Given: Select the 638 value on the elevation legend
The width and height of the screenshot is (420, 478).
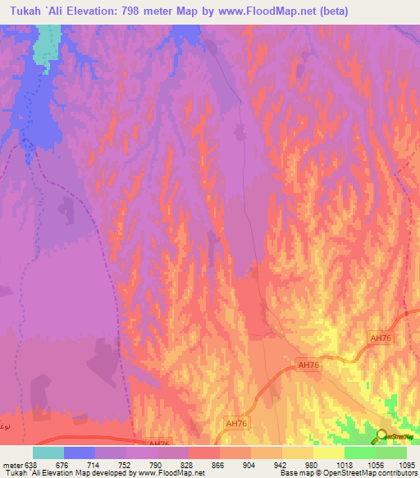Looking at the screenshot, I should [31, 464].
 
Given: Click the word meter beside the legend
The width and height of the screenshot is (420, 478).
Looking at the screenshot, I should [11, 464].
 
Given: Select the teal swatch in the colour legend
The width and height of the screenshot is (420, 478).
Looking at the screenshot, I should [48, 453].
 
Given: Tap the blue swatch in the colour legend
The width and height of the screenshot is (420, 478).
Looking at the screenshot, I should [80, 453].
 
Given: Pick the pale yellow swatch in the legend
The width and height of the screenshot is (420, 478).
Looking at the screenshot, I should [329, 453].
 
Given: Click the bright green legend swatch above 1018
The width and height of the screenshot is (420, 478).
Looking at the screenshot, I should [360, 453].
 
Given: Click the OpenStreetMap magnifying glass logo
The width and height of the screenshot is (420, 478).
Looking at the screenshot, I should [382, 437].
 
